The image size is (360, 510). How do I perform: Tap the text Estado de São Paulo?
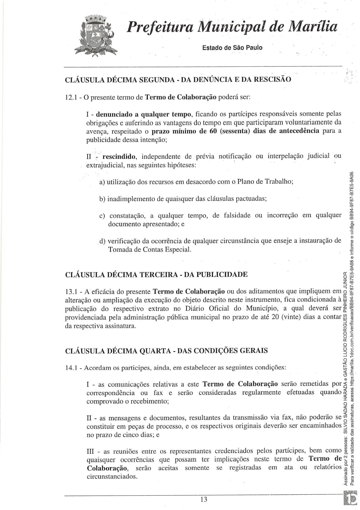232,48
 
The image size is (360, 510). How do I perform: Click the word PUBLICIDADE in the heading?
221,275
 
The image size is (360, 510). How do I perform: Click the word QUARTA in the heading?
151,350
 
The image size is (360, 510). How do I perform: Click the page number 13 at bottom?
204,499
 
